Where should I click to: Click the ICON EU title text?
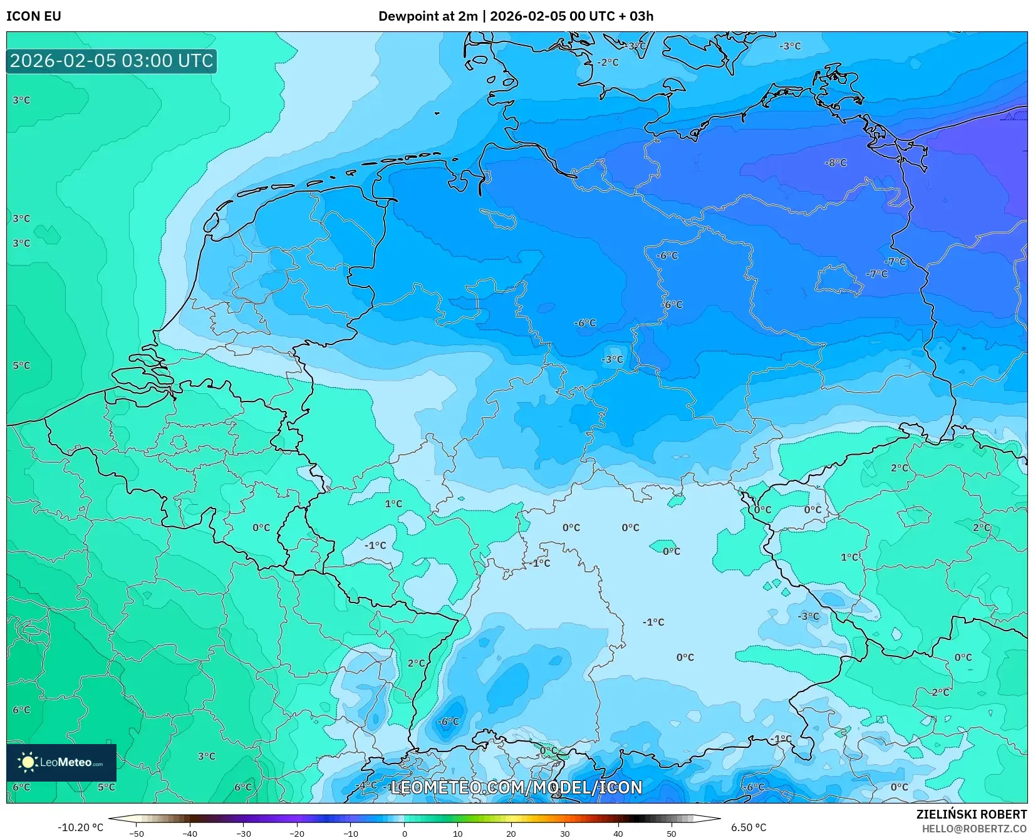34,16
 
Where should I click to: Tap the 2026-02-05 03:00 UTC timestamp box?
112,61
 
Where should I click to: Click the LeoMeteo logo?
61,762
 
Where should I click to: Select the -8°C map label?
836,163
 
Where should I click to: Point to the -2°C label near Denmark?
607,63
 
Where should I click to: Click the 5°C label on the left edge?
21,366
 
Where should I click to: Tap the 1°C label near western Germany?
393,504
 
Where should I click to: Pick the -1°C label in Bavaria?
653,623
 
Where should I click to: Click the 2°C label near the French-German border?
416,663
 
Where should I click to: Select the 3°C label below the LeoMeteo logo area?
206,757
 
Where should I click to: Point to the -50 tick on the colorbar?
137,834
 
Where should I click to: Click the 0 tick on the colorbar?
404,834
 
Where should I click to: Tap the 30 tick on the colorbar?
565,834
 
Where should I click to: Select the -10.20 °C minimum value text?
80,827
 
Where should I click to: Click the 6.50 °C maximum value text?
749,827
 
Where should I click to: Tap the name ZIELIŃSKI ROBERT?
972,815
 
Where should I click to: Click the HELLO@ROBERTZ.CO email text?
974,829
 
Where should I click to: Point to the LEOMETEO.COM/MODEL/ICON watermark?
516,788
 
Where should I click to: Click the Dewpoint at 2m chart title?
516,16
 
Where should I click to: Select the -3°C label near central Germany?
612,360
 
